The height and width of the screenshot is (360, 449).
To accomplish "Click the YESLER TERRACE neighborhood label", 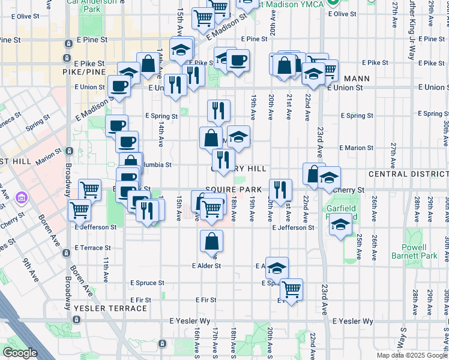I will (110, 308).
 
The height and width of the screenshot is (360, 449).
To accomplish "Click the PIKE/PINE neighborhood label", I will (84, 71).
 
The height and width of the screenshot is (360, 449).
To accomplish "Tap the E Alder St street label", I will (206, 266).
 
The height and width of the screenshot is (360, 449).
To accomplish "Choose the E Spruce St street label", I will (147, 283).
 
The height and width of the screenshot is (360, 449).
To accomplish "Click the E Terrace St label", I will (92, 247).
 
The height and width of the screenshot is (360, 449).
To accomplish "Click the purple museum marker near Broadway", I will (22, 197).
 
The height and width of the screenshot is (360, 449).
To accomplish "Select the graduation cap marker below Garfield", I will (341, 226).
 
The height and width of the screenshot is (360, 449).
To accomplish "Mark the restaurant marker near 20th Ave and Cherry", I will (280, 190).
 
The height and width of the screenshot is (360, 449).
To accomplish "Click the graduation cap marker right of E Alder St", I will (277, 268).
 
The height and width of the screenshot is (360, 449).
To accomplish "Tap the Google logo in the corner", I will (20, 353).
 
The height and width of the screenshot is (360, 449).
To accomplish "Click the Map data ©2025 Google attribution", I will (412, 355).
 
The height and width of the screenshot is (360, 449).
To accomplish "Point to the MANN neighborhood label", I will (356, 79).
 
